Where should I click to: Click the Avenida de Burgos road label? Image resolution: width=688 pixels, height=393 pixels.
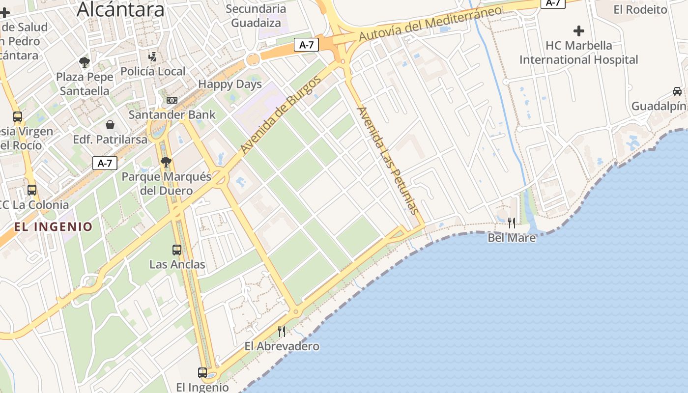[x=281, y=115]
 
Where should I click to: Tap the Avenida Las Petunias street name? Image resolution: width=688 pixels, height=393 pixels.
[x=388, y=160]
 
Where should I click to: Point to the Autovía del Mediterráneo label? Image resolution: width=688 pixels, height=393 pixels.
[x=430, y=24]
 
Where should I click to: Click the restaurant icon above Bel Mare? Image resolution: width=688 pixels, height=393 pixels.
[x=512, y=223]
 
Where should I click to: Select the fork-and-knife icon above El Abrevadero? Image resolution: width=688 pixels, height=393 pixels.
[x=282, y=332]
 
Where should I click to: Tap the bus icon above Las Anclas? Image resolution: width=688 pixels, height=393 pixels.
[x=177, y=250]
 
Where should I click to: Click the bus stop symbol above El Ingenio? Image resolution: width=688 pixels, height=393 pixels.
[x=202, y=372]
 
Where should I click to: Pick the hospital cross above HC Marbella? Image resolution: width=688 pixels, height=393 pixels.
[x=579, y=31]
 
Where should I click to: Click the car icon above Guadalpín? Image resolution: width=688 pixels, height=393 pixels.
[x=677, y=91]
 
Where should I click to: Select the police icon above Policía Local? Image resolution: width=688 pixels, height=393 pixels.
[x=153, y=56]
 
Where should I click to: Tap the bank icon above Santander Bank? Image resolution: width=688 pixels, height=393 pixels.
[x=172, y=100]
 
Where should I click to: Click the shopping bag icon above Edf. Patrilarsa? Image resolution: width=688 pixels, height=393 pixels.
[x=110, y=125]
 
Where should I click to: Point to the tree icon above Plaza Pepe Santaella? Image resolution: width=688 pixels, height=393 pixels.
[x=85, y=62]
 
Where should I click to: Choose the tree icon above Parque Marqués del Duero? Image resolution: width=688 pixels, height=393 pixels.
[x=166, y=162]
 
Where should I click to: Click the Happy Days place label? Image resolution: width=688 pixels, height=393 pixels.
[x=230, y=84]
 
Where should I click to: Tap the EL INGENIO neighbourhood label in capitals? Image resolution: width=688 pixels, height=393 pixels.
[x=53, y=226]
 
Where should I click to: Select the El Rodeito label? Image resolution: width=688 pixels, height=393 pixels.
[x=640, y=9]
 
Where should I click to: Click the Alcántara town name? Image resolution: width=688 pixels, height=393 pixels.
[x=121, y=9]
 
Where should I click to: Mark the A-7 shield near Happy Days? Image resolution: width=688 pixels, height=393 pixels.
[x=307, y=45]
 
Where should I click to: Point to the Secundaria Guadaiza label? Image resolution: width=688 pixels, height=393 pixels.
[x=256, y=15]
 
